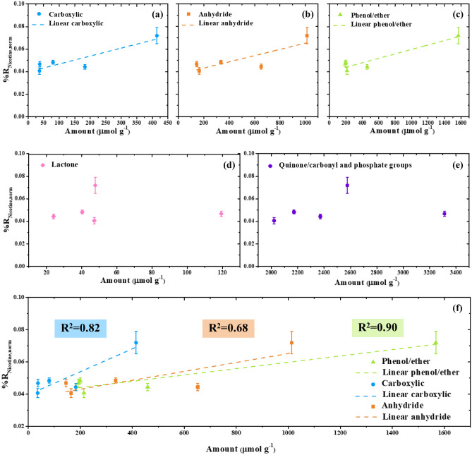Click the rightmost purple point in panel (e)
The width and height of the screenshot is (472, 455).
(444, 214)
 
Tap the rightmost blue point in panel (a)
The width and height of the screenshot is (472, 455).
(157, 36)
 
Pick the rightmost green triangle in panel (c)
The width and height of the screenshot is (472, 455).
(458, 36)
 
